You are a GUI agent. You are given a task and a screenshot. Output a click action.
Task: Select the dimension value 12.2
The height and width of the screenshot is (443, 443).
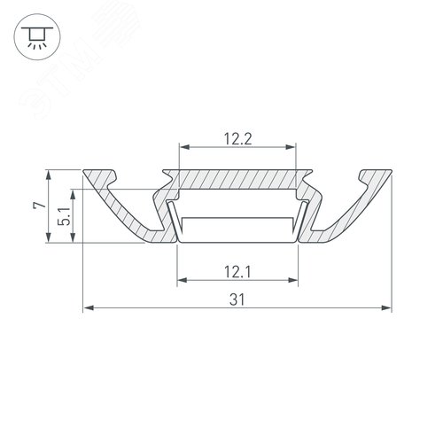(236, 138)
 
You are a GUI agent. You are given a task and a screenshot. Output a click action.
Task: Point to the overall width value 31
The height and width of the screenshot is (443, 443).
(236, 299)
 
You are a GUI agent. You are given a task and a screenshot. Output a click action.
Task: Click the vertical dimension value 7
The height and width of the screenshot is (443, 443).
(36, 205)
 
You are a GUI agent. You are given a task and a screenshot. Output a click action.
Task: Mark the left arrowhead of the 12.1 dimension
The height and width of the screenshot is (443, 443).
(182, 282)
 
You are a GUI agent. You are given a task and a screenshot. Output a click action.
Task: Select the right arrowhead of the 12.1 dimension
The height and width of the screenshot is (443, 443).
(291, 282)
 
